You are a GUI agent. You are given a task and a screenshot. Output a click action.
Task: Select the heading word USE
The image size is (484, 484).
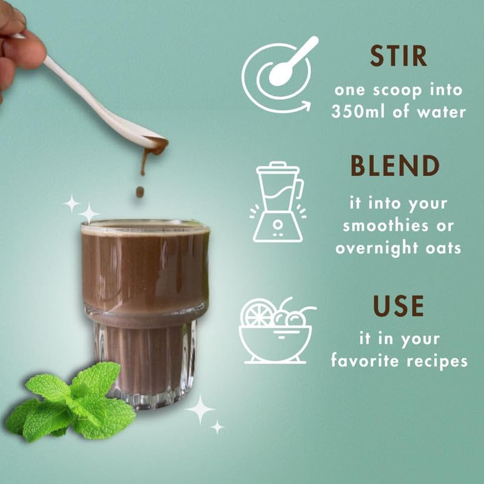coord(398,307)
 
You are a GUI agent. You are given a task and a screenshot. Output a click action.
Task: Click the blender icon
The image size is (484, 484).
coord(278,201)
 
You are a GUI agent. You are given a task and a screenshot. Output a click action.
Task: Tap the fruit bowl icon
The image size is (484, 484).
coord(278,331)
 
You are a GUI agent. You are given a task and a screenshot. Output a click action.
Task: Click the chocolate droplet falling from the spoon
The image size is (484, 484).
coord(140,192)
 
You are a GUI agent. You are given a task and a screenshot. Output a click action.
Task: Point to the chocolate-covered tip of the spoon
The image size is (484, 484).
coord(156,145)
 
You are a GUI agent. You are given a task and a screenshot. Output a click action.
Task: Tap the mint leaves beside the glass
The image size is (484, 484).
coord(73,402)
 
